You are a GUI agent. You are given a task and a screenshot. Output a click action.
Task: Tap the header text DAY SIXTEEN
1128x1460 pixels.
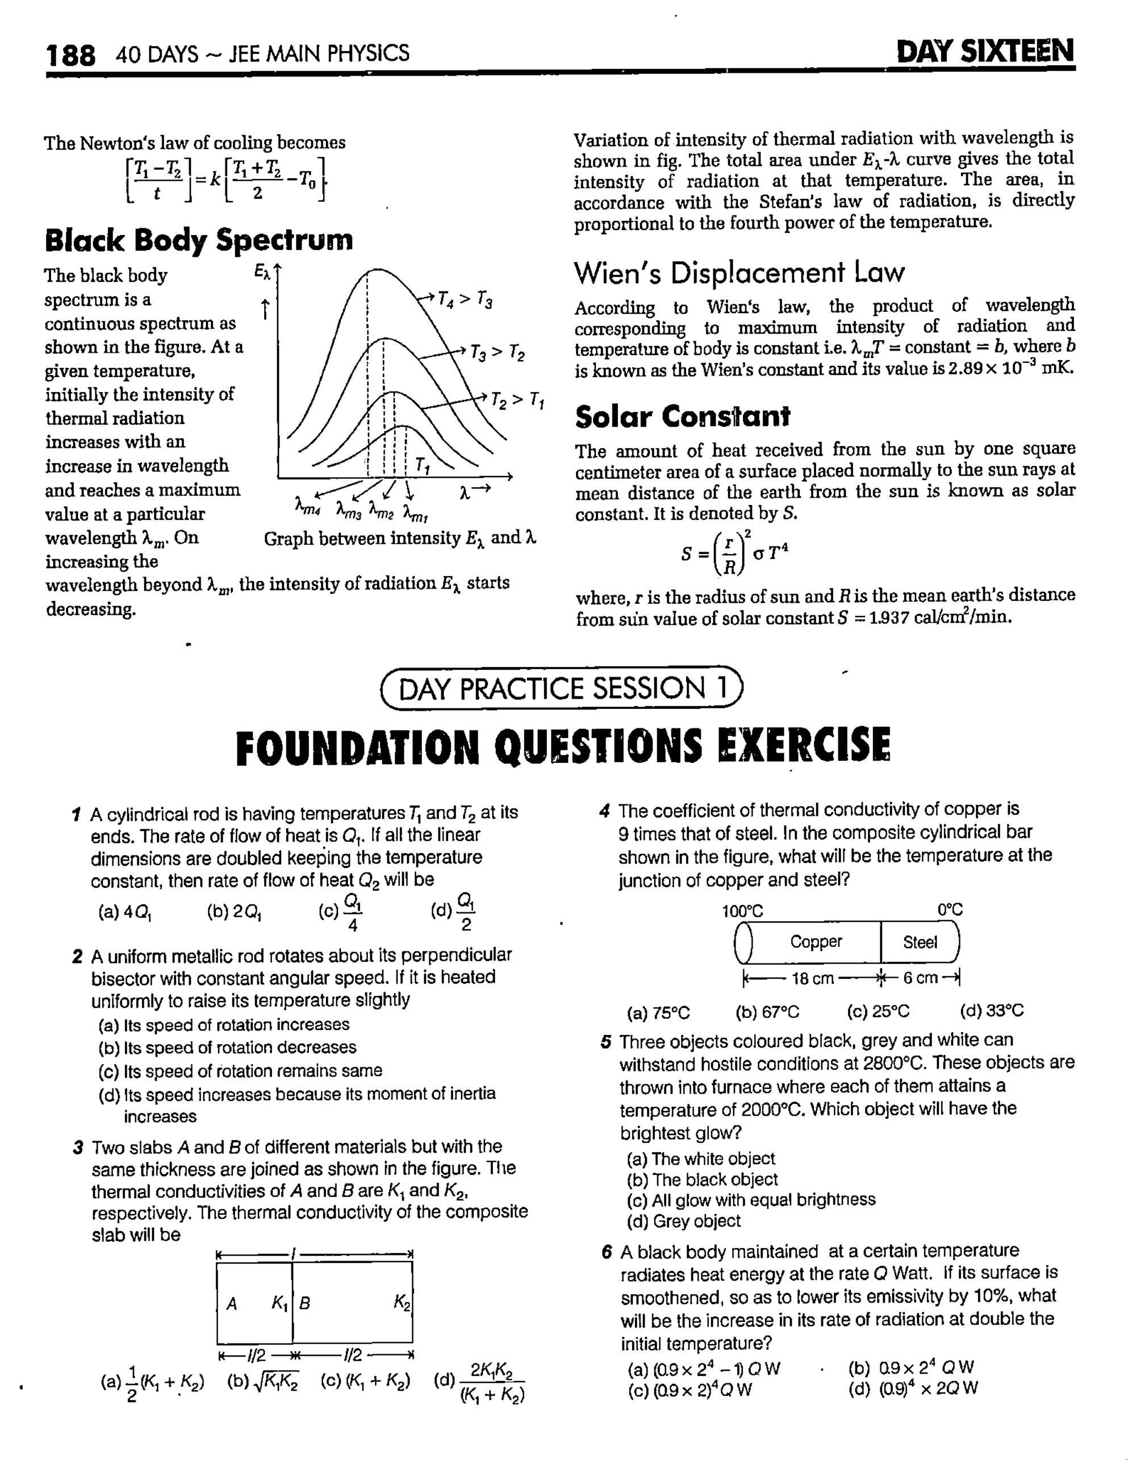coord(985,52)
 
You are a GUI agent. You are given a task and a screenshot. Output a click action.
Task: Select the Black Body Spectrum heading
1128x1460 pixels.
coord(198,240)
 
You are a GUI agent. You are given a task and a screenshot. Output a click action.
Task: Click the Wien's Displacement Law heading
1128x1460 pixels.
coord(738,273)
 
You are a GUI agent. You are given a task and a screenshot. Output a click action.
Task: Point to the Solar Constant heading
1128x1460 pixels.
coord(682,416)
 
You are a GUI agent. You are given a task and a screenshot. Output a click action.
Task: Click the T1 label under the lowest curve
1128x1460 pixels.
coord(423,465)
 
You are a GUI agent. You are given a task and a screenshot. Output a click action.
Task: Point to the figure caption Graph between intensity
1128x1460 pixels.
coord(400,538)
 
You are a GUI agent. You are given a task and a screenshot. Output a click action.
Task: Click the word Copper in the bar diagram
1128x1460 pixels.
coord(816,942)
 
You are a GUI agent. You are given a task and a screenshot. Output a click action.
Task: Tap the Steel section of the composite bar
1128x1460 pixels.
coord(920,942)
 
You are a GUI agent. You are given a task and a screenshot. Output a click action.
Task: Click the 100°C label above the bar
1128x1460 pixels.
coord(742,911)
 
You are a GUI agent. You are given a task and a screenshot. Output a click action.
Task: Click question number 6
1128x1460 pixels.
coord(606,1252)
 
